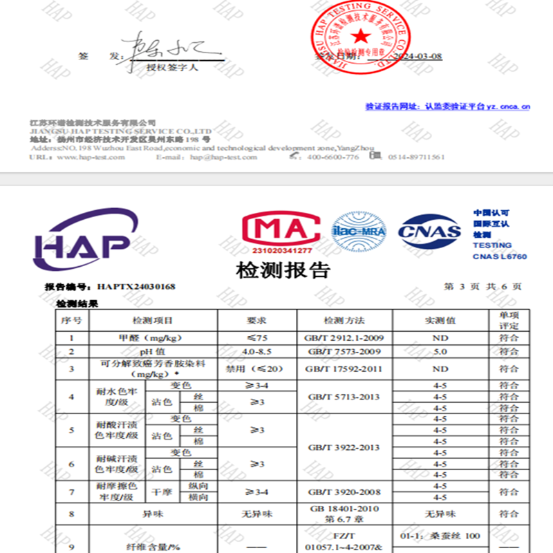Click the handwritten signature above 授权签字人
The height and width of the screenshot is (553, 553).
point(169,53)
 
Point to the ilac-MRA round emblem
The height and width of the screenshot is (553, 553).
point(359,232)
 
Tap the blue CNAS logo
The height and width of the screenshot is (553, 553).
point(429,231)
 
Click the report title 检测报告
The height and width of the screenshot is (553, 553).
point(283,270)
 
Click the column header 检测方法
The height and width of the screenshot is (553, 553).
point(344,321)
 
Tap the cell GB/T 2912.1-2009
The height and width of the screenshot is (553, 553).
point(345,339)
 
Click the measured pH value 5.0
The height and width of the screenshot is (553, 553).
point(439,352)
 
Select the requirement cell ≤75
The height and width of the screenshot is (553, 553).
point(256,339)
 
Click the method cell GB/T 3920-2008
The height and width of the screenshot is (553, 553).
point(345,492)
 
